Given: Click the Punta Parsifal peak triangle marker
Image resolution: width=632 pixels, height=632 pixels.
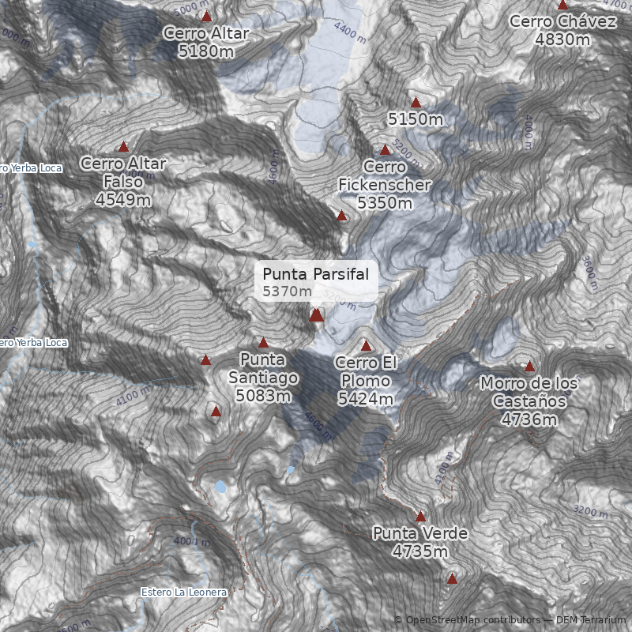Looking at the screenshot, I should coord(316,315).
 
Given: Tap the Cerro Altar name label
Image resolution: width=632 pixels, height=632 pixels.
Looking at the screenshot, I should coord(206,33).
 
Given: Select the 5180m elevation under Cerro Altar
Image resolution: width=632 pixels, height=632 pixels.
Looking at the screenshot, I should coord(206,51).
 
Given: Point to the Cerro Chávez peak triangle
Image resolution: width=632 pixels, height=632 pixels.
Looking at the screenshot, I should coord(562,5).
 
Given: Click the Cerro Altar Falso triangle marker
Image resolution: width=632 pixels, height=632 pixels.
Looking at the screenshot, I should coord(123,146).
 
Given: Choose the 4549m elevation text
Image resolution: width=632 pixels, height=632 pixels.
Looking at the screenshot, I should coord(123,200).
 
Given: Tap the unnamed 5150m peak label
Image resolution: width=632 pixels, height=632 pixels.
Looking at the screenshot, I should coord(416,119).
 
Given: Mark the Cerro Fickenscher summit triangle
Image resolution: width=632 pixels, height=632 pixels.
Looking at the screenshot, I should coord(386,149).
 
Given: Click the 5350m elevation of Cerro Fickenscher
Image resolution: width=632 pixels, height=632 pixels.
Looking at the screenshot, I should coord(385,203).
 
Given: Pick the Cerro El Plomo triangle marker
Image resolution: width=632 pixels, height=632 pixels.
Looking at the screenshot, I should coord(366,345).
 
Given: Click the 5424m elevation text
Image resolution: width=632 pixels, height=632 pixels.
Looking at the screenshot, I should coord(365,399).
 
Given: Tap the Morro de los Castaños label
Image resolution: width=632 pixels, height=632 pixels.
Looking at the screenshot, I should coord(529,392).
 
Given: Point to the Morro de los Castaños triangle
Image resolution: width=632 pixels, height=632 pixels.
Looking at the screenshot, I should coord(529,366).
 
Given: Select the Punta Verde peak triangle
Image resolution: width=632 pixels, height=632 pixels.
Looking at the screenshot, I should coord(420,516).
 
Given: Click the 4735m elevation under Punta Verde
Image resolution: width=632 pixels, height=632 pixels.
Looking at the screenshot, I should coord(420,551).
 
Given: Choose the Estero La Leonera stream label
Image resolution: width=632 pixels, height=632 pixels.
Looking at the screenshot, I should coord(184,592).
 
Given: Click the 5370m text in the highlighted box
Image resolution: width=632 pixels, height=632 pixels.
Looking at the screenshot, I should coord(288,292).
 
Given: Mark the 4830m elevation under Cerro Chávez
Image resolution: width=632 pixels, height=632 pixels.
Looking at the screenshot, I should coord(562,39).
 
